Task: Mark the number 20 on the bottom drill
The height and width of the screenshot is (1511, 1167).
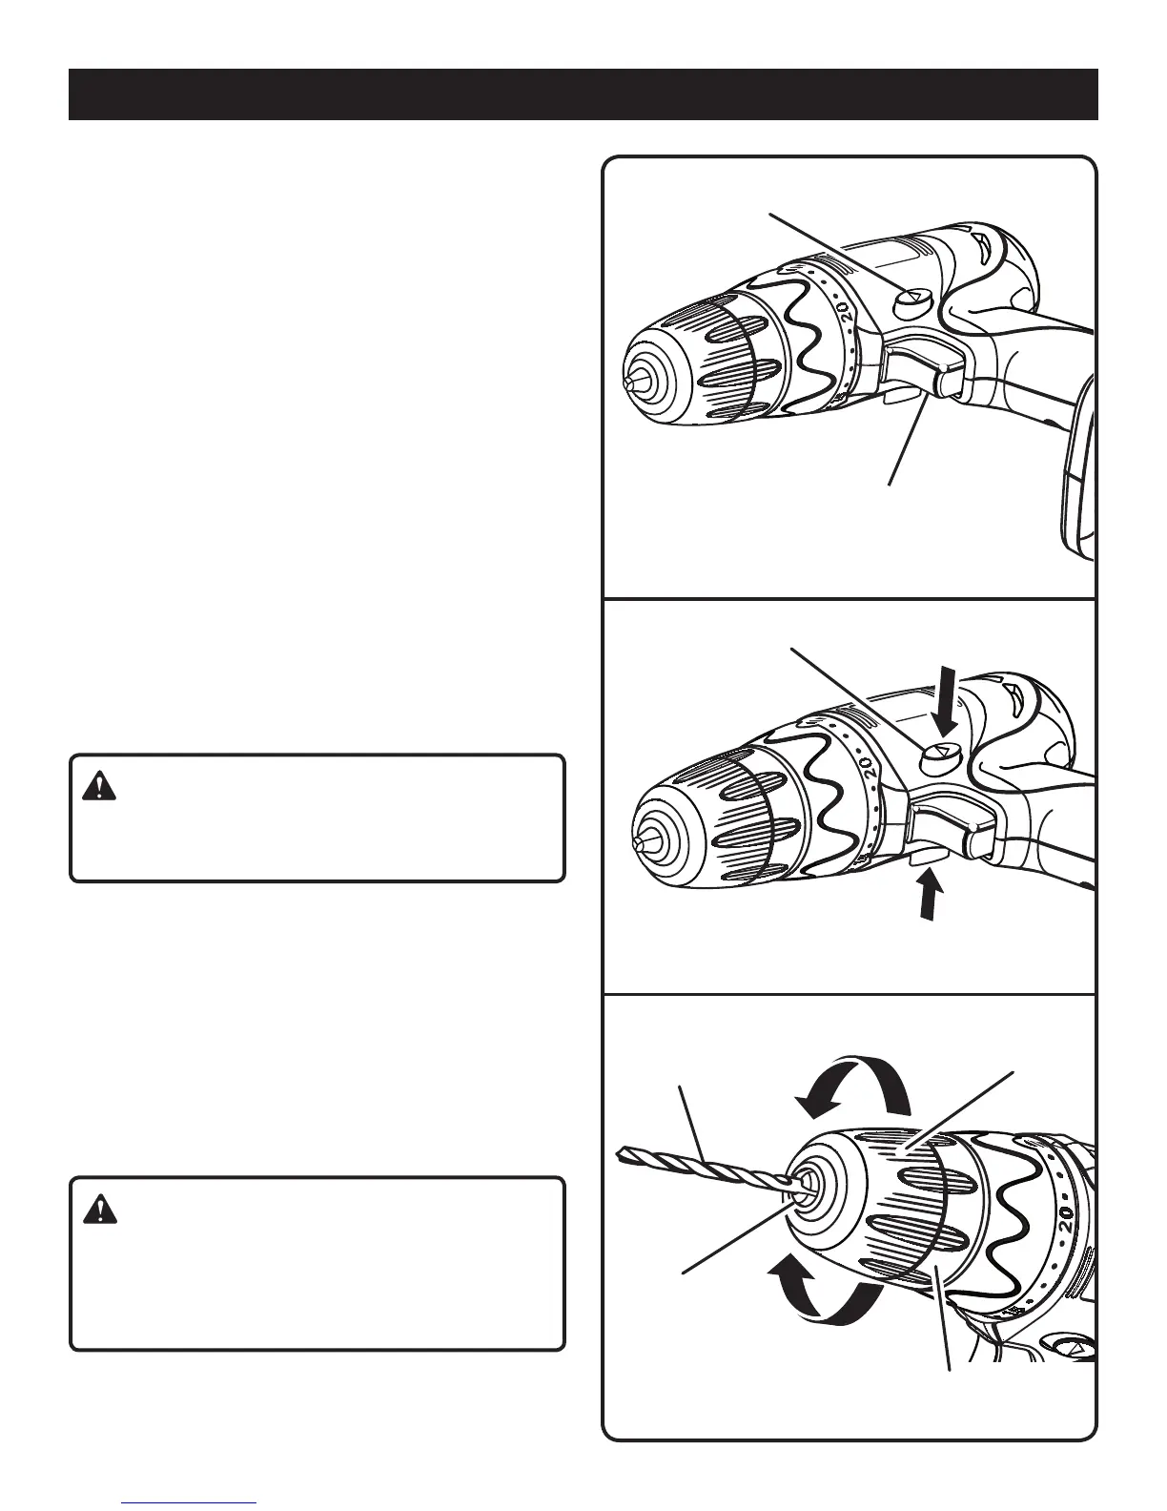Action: (1065, 1218)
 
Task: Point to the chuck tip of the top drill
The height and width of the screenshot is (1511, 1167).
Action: (629, 381)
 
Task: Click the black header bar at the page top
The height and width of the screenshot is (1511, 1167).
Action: (583, 94)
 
